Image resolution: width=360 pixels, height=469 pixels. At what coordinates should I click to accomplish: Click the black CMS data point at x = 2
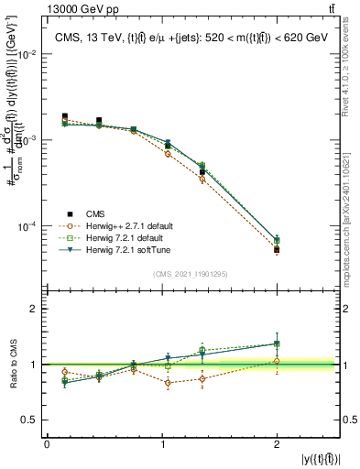pyautogui.click(x=277, y=249)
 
